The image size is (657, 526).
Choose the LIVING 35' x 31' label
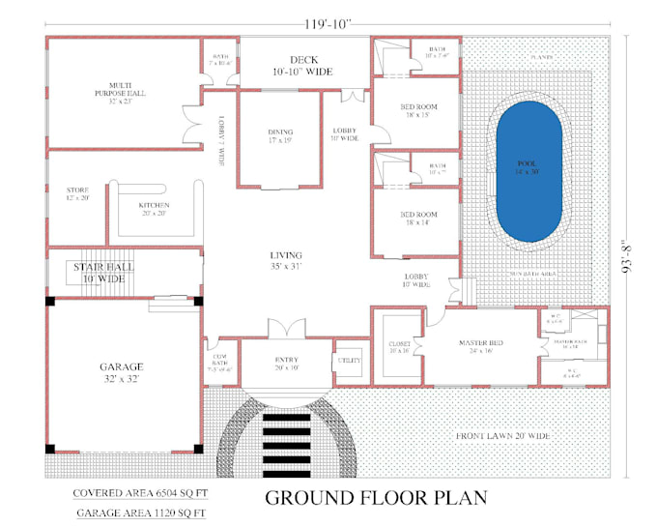pos(286,260)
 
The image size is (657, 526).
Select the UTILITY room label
pos(349,360)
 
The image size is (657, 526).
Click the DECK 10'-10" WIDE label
pos(303,66)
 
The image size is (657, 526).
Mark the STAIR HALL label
pos(102,272)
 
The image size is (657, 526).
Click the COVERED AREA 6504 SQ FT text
pos(140,493)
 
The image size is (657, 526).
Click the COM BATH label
pos(219,361)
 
